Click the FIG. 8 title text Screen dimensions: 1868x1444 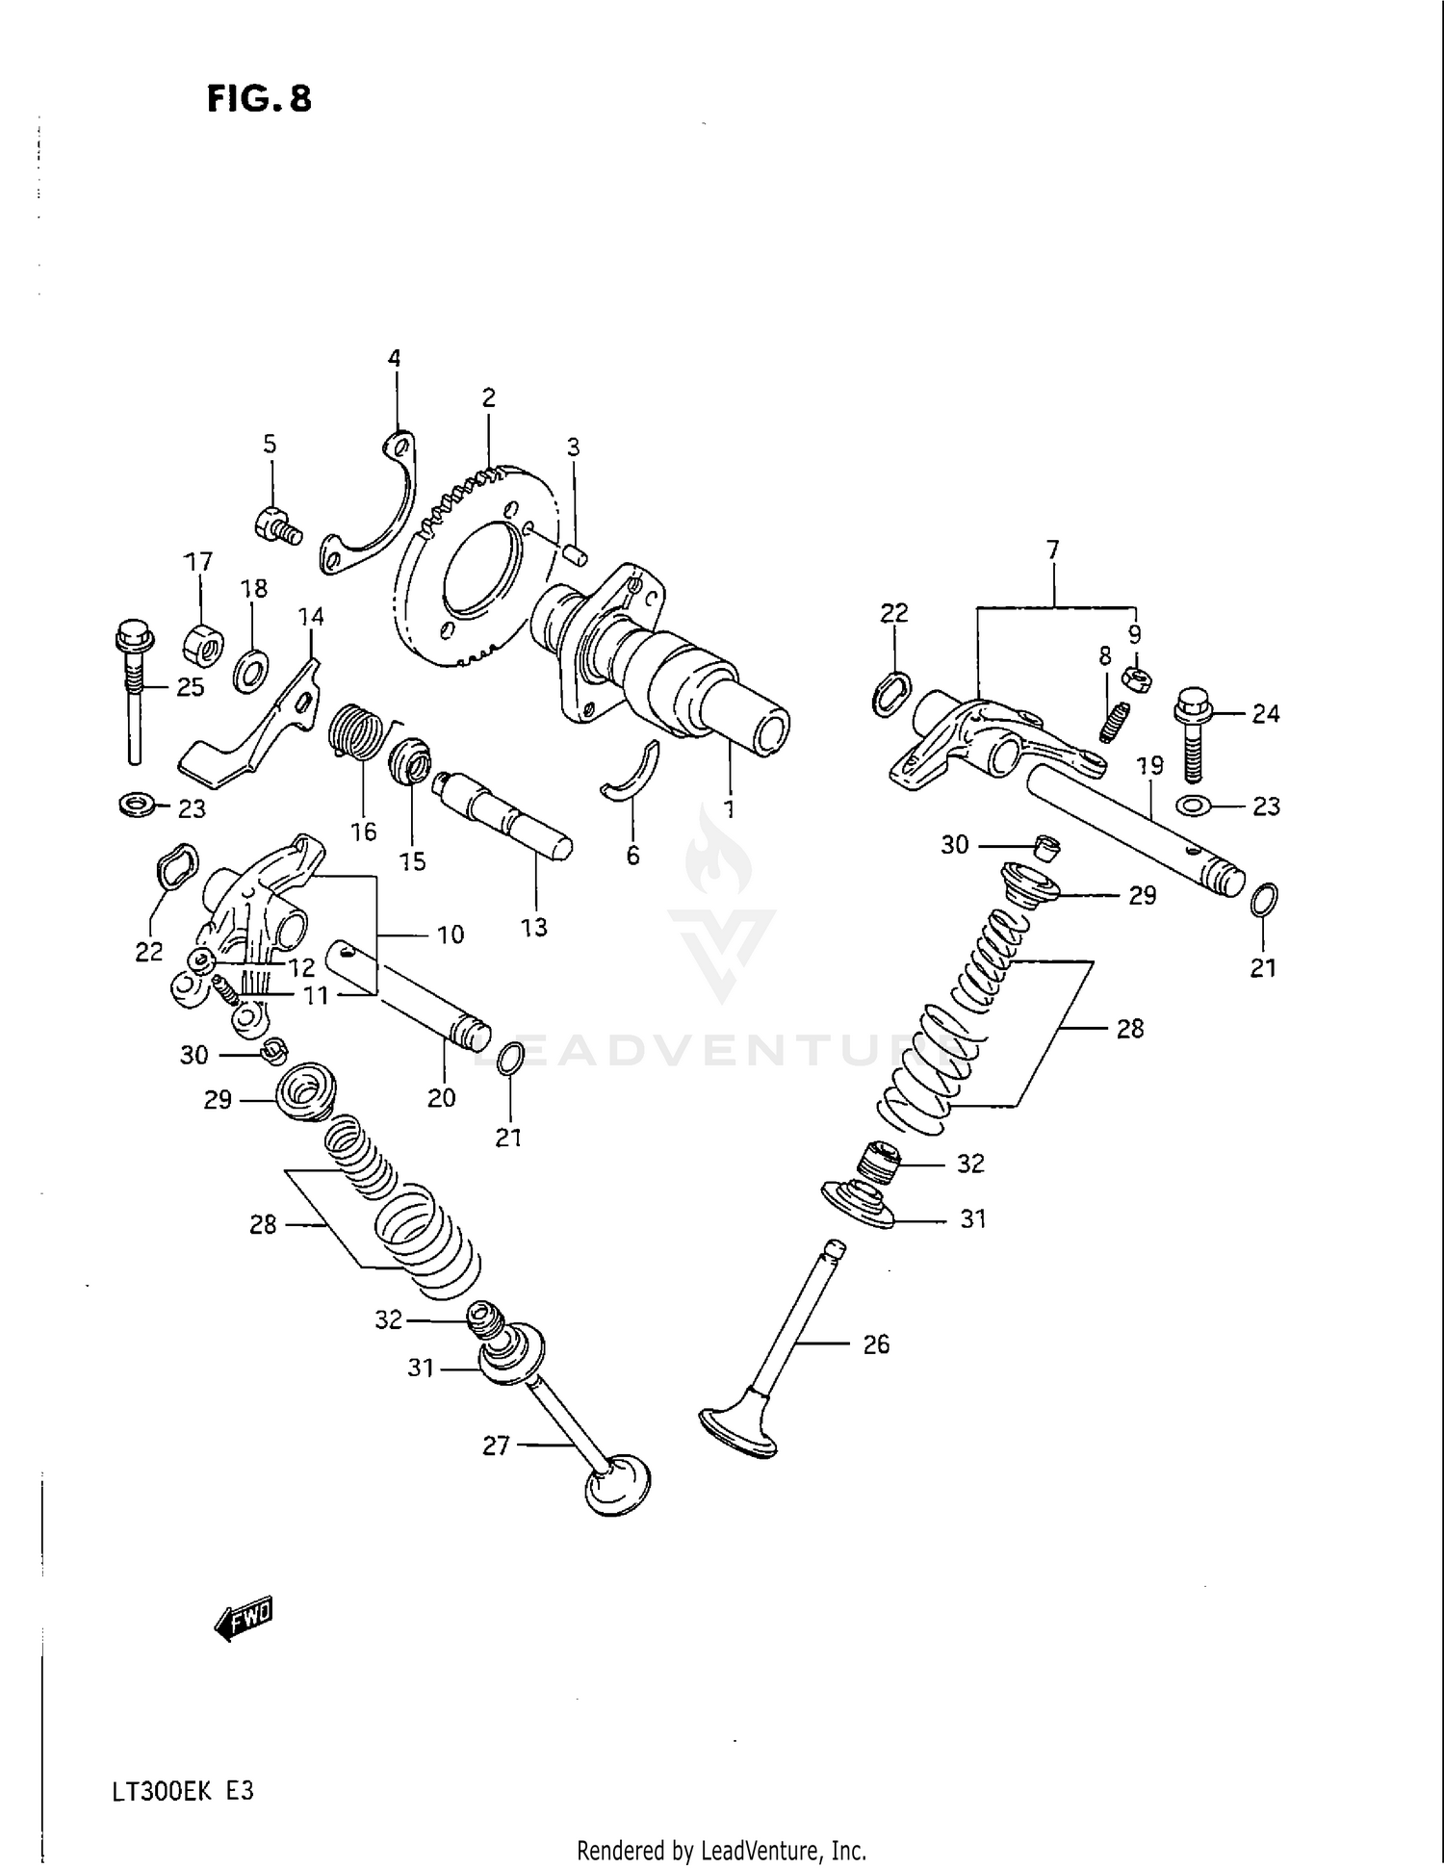(x=259, y=99)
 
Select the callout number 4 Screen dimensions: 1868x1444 (x=394, y=359)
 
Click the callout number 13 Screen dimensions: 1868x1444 (x=533, y=928)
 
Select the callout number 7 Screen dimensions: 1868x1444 (x=1052, y=550)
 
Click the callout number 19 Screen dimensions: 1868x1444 (x=1149, y=766)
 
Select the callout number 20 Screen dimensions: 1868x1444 (x=441, y=1098)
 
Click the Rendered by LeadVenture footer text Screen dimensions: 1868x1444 (x=721, y=1851)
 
